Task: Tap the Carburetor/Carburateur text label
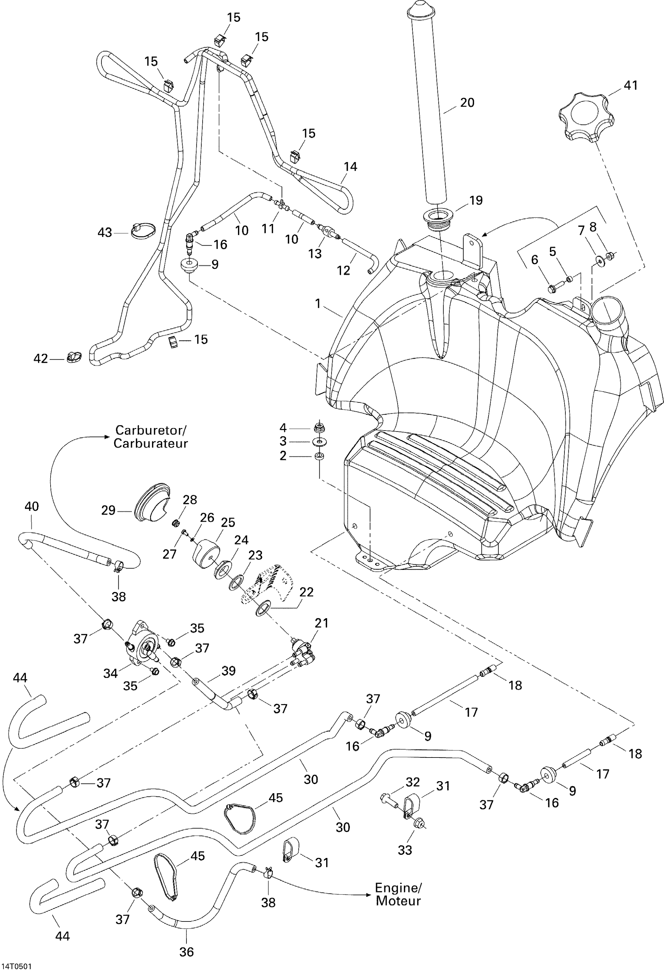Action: point(151,437)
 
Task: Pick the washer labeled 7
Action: point(600,261)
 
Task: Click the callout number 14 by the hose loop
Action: point(350,167)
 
